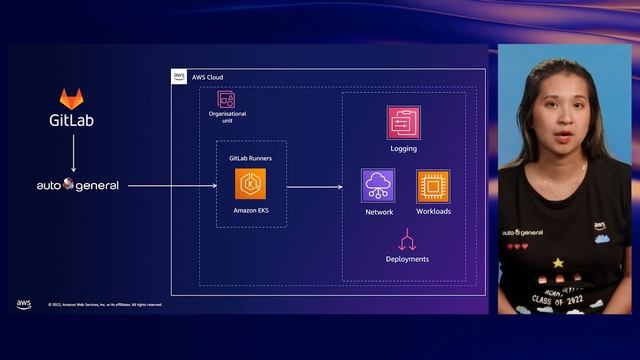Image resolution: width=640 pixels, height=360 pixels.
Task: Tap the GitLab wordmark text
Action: click(72, 122)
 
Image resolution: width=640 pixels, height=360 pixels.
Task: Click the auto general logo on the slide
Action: click(77, 185)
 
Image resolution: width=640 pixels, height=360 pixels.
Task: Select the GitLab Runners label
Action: click(250, 159)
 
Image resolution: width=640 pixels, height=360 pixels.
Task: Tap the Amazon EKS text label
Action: click(251, 211)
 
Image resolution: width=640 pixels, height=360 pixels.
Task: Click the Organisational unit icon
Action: click(226, 99)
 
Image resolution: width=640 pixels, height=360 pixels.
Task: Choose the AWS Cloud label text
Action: click(207, 77)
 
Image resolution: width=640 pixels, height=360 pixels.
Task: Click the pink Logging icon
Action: click(403, 123)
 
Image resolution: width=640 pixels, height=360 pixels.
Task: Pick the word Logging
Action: click(404, 149)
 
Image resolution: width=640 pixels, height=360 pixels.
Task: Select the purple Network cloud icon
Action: click(379, 185)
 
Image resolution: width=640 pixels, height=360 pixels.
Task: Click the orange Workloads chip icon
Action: click(433, 186)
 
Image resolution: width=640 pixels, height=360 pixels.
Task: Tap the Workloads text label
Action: click(433, 212)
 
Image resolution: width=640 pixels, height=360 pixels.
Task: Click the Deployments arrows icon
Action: click(407, 240)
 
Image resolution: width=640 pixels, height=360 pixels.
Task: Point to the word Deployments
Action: click(407, 259)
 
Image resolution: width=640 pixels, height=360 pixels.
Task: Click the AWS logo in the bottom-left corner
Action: click(24, 304)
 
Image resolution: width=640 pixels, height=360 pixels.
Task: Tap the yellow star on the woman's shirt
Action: click(558, 262)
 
